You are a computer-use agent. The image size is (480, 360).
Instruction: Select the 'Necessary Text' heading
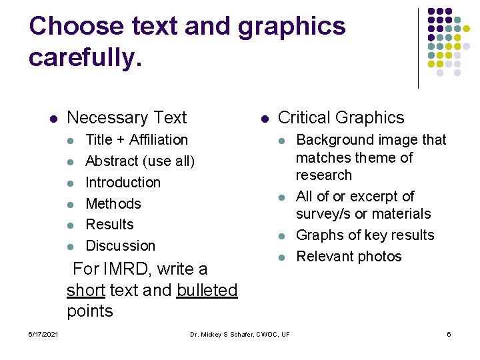[127, 118]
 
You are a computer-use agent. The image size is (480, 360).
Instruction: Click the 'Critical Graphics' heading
[341, 118]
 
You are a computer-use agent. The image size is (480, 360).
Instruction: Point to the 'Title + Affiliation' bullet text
[137, 140]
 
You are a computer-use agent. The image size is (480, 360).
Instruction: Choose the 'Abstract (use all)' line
[140, 161]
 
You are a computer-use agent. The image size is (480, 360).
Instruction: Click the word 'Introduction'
[123, 183]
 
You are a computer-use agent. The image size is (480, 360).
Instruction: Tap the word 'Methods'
[113, 204]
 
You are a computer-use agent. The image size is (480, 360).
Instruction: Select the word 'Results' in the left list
[110, 225]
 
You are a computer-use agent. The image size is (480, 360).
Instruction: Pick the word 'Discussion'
[120, 246]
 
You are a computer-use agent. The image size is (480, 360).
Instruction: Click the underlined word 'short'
[86, 291]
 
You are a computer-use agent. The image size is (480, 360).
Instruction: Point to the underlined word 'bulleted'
[207, 291]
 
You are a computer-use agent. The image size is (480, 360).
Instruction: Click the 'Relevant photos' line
[349, 257]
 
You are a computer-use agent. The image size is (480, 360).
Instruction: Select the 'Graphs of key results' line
[365, 235]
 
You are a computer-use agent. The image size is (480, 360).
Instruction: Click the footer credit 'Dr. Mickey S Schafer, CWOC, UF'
[239, 334]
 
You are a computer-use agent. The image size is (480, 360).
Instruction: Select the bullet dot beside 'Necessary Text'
[53, 119]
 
